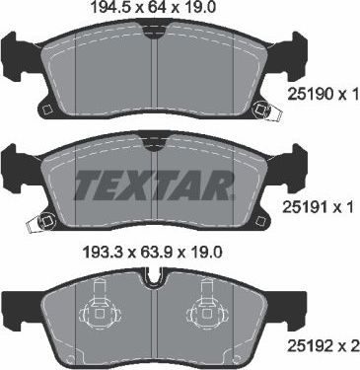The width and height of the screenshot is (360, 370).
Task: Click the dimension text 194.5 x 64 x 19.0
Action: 154,10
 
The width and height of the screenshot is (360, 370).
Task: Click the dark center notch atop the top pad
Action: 153,32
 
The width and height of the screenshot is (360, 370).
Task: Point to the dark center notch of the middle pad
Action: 153,145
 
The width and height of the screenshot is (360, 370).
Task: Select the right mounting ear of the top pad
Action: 287,54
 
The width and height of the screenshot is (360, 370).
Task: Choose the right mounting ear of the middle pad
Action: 287,163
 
